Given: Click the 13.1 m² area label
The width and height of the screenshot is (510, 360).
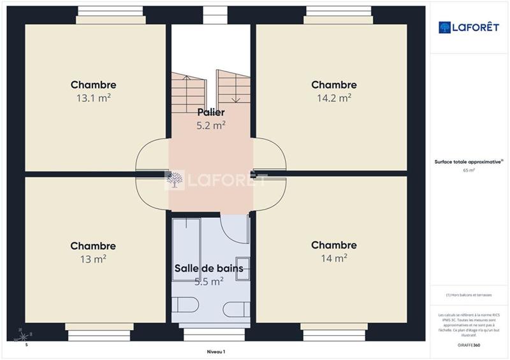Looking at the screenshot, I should [x=93, y=98].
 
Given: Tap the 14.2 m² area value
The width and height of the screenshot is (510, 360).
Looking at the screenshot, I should [x=334, y=98].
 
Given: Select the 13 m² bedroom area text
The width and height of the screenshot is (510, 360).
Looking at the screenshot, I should [x=93, y=259].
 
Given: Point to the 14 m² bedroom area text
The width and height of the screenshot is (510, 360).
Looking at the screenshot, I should [x=334, y=258].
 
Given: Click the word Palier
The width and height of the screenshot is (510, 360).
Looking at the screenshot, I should [x=210, y=113].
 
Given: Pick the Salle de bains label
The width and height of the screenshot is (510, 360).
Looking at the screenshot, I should [x=209, y=268].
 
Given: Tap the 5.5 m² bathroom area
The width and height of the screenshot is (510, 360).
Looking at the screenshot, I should [x=209, y=280].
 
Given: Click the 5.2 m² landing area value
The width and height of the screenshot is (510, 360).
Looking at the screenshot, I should [x=210, y=126].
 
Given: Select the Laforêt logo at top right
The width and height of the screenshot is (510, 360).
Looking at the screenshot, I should [x=468, y=27].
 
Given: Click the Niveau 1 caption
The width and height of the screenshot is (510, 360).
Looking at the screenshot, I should [x=216, y=351].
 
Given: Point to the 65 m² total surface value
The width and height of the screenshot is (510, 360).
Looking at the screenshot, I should [x=469, y=171].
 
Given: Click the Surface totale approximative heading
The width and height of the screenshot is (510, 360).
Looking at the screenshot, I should [x=468, y=162].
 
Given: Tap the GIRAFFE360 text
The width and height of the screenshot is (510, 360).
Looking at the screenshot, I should [x=469, y=344].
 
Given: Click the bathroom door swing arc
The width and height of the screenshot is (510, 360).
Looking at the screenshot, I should [x=235, y=229].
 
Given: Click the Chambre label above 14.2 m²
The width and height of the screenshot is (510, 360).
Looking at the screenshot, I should [x=333, y=85].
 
